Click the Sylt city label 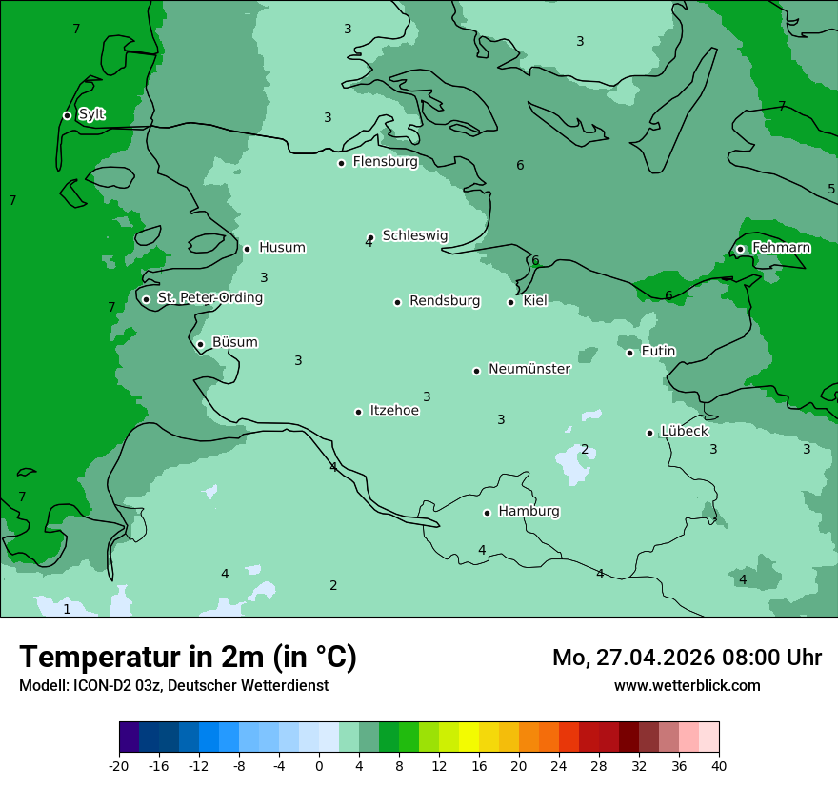click(x=91, y=114)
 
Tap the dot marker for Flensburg click(x=341, y=163)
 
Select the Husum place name click(x=282, y=248)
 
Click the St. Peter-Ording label click(x=209, y=298)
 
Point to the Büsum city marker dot click(x=200, y=344)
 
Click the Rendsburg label click(x=445, y=301)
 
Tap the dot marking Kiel click(x=510, y=302)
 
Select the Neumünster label click(x=529, y=369)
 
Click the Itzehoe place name click(x=394, y=411)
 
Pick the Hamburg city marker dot click(x=487, y=513)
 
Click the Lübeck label click(x=684, y=432)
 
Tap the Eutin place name click(x=658, y=352)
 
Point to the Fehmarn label click(x=781, y=248)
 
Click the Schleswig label click(x=415, y=235)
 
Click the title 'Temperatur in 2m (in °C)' click(x=188, y=658)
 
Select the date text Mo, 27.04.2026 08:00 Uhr click(x=687, y=658)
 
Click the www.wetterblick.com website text click(x=687, y=686)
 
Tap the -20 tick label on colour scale click(x=119, y=765)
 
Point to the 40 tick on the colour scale click(x=719, y=765)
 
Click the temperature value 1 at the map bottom click(x=67, y=609)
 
